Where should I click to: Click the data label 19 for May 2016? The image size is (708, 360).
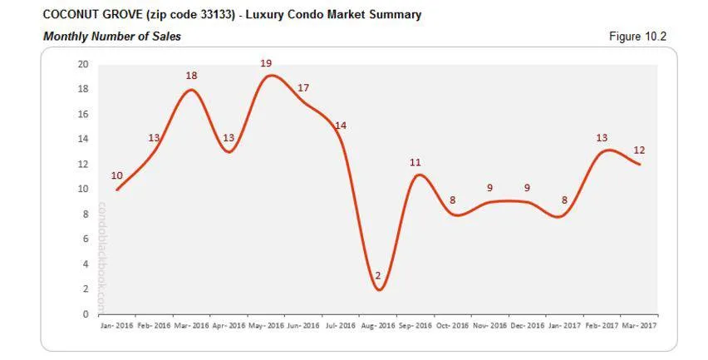266,63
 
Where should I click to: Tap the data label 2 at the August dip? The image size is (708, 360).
377,275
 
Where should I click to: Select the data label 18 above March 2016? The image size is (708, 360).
191,76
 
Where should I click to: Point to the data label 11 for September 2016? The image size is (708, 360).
415,163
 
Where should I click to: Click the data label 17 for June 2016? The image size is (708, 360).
303,88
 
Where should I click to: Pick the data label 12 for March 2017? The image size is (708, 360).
639,150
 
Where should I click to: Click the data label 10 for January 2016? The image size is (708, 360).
116,175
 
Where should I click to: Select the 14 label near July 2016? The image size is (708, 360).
340,126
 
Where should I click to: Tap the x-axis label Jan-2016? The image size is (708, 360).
116,325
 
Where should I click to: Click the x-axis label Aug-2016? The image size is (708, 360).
377,325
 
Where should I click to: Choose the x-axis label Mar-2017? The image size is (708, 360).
639,325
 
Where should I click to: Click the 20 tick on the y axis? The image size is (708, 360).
83,64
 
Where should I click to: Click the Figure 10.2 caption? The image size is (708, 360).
638,36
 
